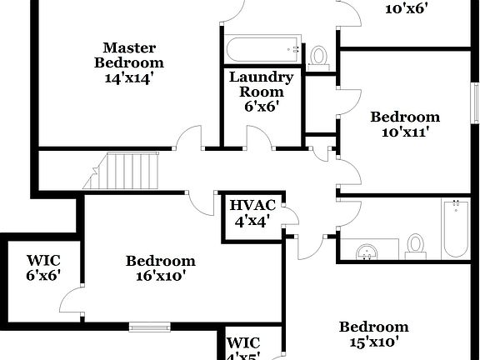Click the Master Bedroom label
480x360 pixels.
[x=128, y=55]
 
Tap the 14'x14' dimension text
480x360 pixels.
[x=128, y=77]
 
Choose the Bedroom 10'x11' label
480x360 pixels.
[x=405, y=117]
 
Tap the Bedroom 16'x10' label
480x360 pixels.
[x=161, y=261]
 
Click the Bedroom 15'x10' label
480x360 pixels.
[x=373, y=327]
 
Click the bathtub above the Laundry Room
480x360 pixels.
[x=262, y=50]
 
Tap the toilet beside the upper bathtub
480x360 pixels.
[x=317, y=56]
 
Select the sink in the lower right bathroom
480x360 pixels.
[x=367, y=249]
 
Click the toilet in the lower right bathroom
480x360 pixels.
[x=415, y=245]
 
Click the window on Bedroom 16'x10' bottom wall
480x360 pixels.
[x=150, y=326]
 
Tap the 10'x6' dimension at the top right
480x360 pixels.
[x=406, y=10]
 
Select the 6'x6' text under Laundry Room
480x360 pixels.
[x=261, y=106]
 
